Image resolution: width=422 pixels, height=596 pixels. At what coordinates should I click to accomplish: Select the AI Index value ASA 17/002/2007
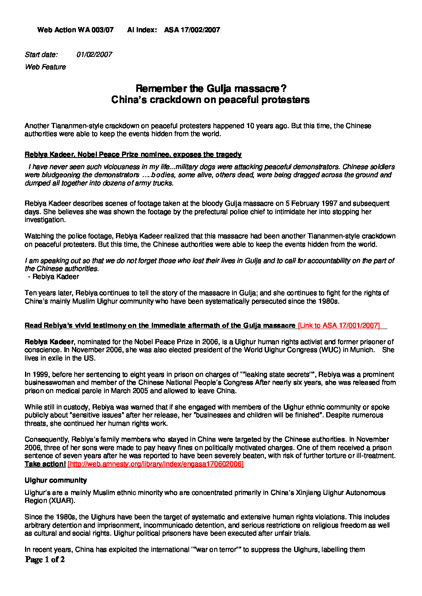tap(192, 30)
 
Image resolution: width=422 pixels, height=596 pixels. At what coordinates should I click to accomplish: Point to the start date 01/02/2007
tap(94, 55)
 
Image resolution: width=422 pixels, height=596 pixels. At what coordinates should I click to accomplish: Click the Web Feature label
tap(45, 67)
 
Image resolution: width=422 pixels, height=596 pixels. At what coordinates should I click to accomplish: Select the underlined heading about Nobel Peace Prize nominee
tap(133, 154)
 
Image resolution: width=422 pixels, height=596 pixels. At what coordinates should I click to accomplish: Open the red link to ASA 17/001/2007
tap(339, 325)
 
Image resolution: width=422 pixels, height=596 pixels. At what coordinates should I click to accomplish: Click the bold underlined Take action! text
tap(45, 464)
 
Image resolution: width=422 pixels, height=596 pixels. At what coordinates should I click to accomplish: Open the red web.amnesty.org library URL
tap(155, 464)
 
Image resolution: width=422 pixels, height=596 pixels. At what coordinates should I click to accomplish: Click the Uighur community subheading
tap(56, 480)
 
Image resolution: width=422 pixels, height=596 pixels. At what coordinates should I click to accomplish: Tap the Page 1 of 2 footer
tap(45, 559)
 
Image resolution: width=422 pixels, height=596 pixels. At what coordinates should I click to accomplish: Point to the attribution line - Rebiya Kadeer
tap(54, 277)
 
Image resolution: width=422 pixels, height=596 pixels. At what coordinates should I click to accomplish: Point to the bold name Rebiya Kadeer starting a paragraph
tap(49, 342)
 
